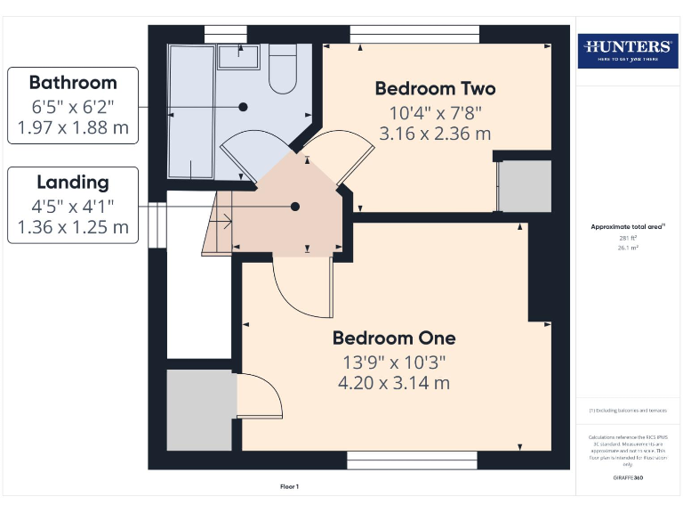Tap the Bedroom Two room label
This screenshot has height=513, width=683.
point(435,89)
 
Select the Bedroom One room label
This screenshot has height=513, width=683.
point(394,338)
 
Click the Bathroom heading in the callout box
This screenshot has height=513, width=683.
point(73,83)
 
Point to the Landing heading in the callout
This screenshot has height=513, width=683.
point(73,183)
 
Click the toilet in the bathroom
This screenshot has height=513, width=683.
point(283,71)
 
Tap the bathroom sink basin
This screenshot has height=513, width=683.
point(238,56)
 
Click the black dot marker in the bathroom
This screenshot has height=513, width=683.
point(242,107)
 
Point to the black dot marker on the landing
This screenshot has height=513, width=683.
point(295,207)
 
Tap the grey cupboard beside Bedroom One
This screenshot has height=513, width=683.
point(201,409)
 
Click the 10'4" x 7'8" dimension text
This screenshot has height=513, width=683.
point(435,113)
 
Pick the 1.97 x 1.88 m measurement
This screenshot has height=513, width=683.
point(73,127)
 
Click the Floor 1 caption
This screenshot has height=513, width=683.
point(290,486)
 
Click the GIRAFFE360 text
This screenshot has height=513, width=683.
point(628,478)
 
